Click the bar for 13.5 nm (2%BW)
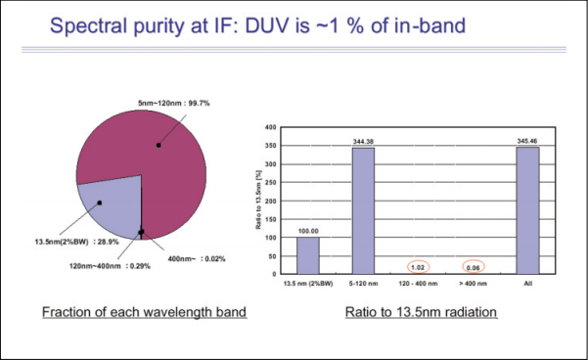(308, 255)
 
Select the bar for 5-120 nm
(363, 210)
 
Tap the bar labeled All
(527, 210)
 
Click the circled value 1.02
(418, 267)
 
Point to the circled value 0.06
(474, 267)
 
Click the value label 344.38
(363, 142)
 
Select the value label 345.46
(527, 141)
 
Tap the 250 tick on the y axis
(270, 183)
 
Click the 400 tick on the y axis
(270, 127)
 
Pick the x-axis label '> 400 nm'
(474, 284)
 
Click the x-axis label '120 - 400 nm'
(418, 284)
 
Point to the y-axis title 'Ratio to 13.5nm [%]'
(258, 200)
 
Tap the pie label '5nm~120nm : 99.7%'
(173, 103)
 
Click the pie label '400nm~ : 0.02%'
(197, 258)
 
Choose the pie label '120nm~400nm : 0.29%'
(110, 266)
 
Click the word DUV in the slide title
(268, 25)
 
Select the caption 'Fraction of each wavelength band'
(144, 312)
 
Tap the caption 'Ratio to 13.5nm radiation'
(421, 312)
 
